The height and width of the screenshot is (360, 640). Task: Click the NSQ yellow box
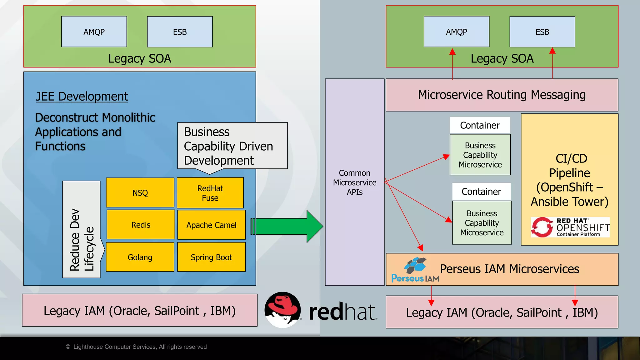coord(140,192)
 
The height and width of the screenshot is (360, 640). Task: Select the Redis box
coord(141,225)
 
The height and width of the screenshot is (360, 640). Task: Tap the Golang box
coord(140,257)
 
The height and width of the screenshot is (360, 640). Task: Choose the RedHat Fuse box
coord(210,193)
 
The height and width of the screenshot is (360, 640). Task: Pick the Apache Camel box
coord(211,225)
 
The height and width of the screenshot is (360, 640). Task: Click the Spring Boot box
coord(211,257)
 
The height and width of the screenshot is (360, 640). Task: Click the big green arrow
coord(287,226)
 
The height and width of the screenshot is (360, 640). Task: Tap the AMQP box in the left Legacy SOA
coord(94,32)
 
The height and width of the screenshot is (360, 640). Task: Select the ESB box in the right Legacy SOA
coord(542,32)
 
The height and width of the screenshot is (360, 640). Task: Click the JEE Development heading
coord(82,97)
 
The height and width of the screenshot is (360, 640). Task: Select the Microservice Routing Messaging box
coord(502,95)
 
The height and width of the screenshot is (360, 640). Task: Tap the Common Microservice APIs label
coord(354,182)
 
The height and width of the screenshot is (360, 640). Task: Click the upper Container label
coord(480,125)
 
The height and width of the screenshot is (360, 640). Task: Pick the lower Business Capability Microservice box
coord(482,223)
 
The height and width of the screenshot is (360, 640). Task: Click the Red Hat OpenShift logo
coord(570,227)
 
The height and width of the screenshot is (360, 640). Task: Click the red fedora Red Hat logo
coord(283,310)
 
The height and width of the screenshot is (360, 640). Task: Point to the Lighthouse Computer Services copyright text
coord(137,347)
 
